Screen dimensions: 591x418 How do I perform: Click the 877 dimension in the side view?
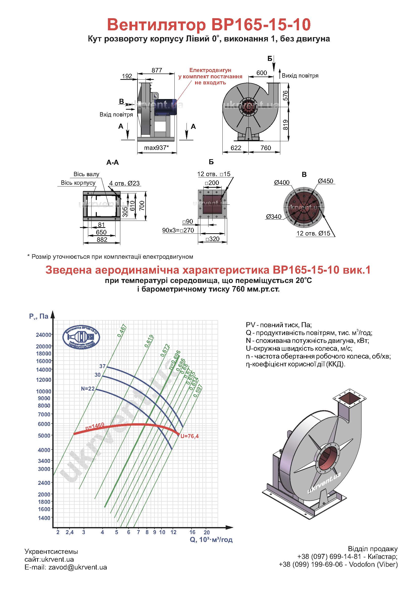[x=157, y=70]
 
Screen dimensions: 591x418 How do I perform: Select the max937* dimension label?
[x=156, y=148]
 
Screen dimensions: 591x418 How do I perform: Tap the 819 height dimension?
[x=285, y=125]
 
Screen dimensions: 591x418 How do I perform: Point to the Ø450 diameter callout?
[x=325, y=181]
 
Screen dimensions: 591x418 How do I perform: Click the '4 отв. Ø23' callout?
[x=124, y=183]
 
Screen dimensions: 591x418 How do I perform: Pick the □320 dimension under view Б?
[x=213, y=239]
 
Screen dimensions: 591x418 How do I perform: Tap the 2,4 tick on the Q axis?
[x=69, y=532]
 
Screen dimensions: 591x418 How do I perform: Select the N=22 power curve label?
[x=88, y=389]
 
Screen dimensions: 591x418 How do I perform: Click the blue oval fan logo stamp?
[x=81, y=338]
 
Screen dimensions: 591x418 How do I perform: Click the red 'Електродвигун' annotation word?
[x=210, y=70]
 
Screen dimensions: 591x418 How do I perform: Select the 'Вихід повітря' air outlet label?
[x=300, y=76]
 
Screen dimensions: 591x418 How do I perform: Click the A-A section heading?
[x=112, y=162]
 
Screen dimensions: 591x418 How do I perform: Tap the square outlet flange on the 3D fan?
[x=349, y=398]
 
